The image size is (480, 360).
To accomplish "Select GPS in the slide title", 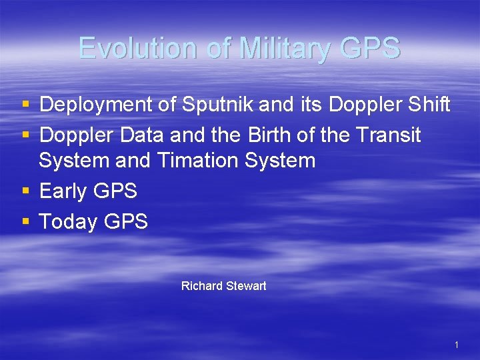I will pyautogui.click(x=369, y=49).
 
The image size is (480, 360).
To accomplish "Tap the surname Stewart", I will pyautogui.click(x=247, y=286).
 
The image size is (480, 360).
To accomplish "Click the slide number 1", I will pyautogui.click(x=456, y=345).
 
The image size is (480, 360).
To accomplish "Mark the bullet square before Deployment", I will pyautogui.click(x=25, y=105).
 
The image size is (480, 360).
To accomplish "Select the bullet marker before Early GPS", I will pyautogui.click(x=25, y=192).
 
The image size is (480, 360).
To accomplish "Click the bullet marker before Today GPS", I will pyautogui.click(x=25, y=222).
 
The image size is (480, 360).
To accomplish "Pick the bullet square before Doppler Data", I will pyautogui.click(x=25, y=136).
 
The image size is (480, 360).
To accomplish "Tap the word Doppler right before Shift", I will pyautogui.click(x=361, y=105).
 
